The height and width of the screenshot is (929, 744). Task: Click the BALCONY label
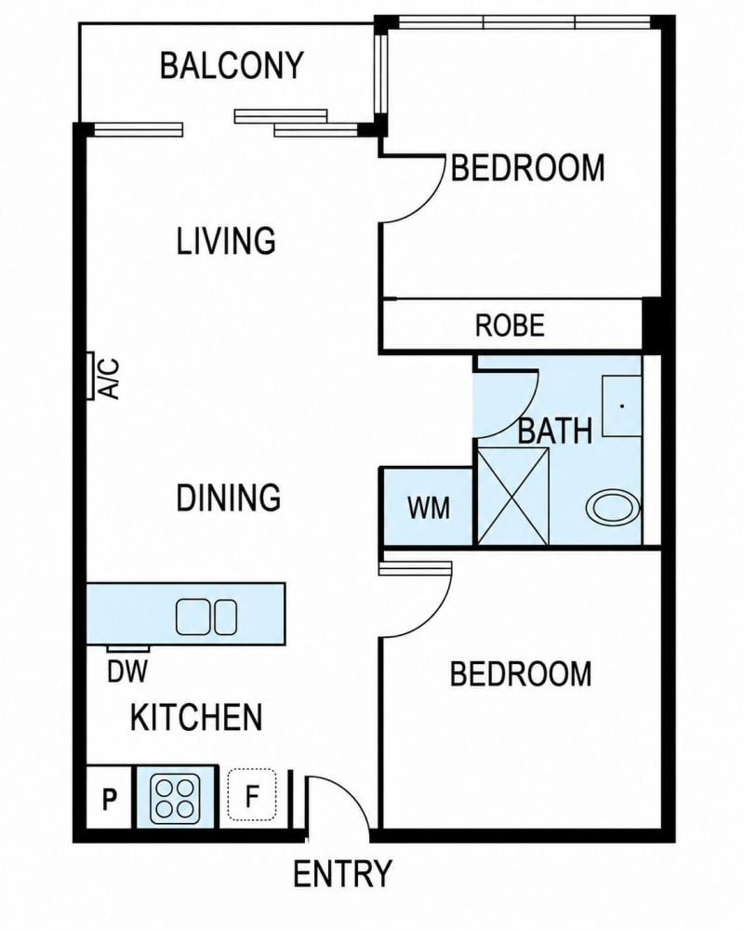pos(232,65)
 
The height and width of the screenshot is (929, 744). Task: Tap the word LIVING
pos(226,241)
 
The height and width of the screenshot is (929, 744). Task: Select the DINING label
pos(229,498)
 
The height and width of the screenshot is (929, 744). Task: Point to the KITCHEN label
pos(196,718)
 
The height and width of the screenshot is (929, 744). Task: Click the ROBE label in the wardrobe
pos(510,325)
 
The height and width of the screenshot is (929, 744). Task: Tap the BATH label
pos(555,431)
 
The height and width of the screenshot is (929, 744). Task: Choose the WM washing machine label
pos(429,508)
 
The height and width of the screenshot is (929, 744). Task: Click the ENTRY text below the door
pos(342,873)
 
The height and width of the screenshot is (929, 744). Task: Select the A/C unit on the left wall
pos(90,376)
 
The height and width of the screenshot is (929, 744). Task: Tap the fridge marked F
pos(252,795)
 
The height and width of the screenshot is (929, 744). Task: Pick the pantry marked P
pos(109,798)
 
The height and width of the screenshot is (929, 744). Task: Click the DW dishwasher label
pos(127,671)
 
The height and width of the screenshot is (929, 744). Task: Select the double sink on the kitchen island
pos(206,617)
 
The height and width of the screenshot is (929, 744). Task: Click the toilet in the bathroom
pos(613,508)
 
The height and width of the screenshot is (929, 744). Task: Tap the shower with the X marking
pos(513,496)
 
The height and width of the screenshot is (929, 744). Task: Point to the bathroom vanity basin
pos(622,405)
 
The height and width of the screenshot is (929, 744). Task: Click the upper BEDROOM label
pos(528,167)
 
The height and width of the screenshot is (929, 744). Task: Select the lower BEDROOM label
pos(521,673)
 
